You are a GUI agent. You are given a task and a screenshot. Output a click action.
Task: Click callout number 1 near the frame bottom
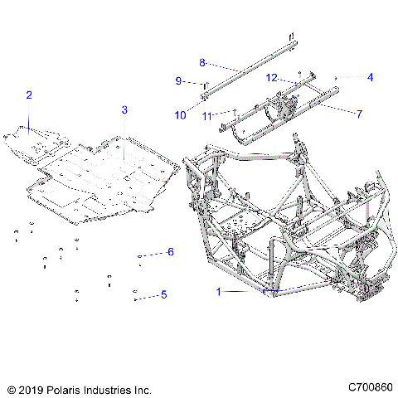(x=219, y=291)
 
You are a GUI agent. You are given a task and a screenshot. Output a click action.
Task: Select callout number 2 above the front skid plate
(x=28, y=96)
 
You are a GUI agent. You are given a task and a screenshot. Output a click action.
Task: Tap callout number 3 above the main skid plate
(x=124, y=109)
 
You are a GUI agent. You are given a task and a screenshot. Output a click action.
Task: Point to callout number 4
(x=370, y=77)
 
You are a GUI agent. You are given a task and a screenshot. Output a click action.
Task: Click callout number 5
(x=164, y=294)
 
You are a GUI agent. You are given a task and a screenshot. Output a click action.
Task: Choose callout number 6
(x=170, y=251)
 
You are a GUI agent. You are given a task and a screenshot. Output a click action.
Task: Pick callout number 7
(x=359, y=114)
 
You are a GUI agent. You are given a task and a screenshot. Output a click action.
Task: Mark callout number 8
(x=201, y=62)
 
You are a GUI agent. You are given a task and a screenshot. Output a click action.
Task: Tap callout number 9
(x=177, y=80)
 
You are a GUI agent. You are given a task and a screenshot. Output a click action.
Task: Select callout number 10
(x=180, y=115)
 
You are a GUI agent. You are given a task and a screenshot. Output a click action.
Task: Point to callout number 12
(x=270, y=77)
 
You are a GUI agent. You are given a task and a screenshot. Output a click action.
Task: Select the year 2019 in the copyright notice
(x=32, y=388)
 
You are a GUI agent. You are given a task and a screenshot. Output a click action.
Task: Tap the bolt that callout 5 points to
(x=136, y=294)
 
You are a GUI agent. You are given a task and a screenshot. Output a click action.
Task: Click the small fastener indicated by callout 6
(x=140, y=255)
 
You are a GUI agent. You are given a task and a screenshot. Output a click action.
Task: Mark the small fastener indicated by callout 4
(x=336, y=78)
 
